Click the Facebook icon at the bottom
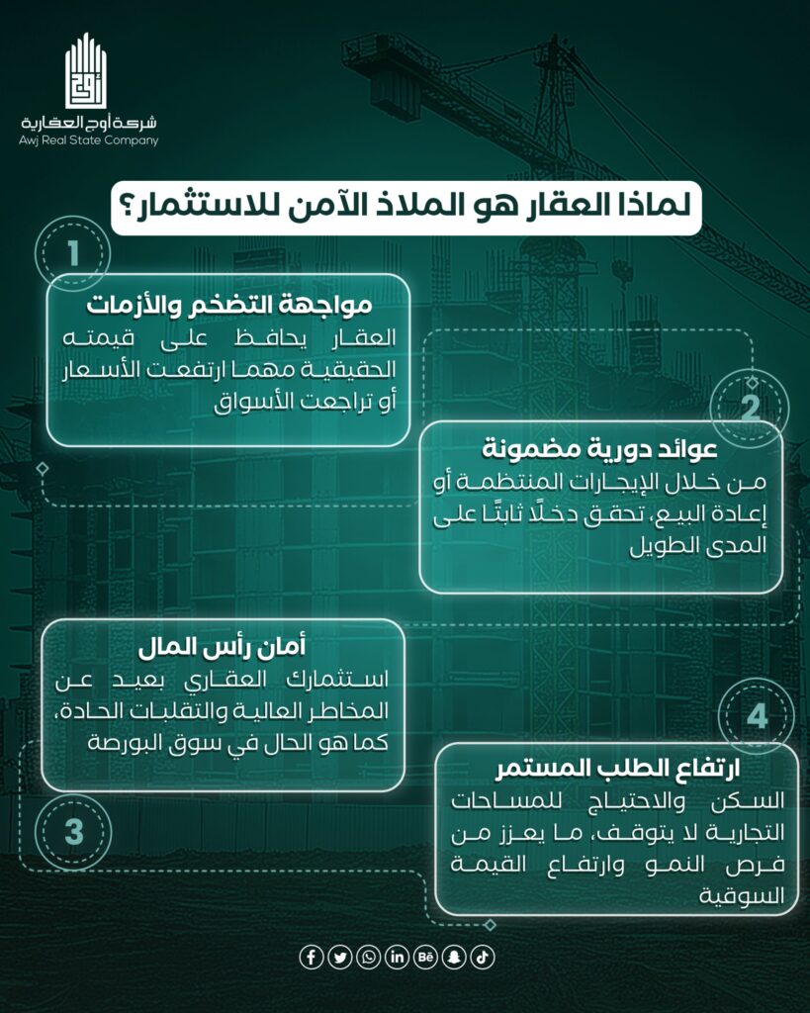tap(312, 957)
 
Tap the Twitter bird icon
tap(340, 957)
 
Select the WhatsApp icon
tap(369, 957)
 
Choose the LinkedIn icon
tap(398, 957)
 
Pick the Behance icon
tap(426, 957)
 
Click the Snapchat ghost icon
tap(455, 957)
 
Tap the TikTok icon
tap(483, 957)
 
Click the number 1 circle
tap(73, 252)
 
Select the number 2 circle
tap(751, 406)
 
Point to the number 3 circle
tap(74, 831)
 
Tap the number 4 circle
tap(758, 715)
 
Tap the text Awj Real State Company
tap(88, 140)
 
